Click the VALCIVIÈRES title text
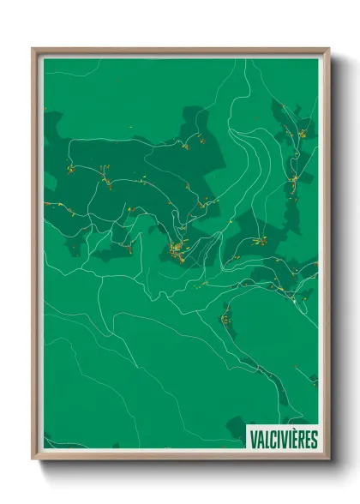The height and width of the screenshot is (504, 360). point(283,440)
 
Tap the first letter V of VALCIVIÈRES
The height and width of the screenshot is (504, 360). point(253,440)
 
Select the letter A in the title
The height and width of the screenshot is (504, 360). point(260,440)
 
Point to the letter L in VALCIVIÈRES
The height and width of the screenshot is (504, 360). point(267,440)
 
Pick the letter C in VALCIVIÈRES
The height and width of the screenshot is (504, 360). point(273,440)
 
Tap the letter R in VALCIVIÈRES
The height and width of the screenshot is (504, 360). point(302,440)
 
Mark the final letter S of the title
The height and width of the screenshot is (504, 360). point(315,440)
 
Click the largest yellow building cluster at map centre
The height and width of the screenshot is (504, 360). point(177,249)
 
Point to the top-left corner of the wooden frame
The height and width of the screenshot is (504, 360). point(33,49)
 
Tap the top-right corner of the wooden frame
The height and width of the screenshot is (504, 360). point(328,49)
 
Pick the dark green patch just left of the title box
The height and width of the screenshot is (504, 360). point(236,429)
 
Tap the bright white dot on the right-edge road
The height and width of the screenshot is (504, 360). point(293,301)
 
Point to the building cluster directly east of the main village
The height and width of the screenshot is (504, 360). point(258,242)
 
